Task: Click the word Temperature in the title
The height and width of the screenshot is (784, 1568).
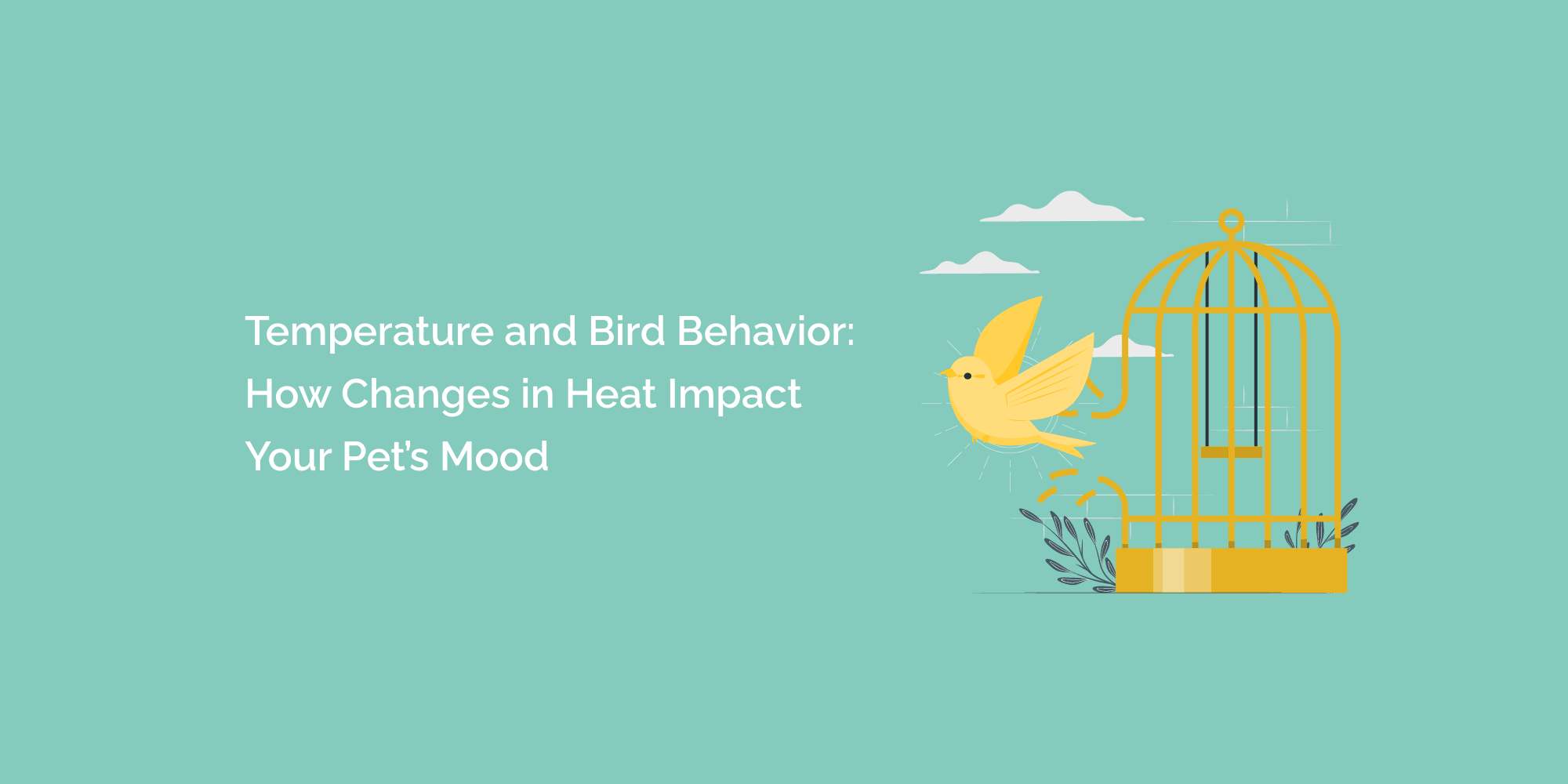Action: click(x=369, y=332)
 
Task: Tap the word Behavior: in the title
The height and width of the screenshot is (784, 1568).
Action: click(x=765, y=331)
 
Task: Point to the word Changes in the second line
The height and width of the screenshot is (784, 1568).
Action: click(x=426, y=395)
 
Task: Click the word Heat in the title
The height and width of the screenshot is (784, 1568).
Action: click(x=611, y=394)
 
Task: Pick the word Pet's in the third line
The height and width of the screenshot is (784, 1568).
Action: click(x=385, y=457)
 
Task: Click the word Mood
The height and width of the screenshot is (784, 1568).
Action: click(x=494, y=457)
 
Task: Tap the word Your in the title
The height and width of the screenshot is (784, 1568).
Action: click(x=288, y=457)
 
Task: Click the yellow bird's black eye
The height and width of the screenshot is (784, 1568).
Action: click(x=967, y=376)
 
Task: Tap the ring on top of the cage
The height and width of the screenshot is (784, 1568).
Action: click(x=1232, y=221)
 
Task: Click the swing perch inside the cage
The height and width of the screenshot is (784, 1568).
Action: click(x=1231, y=452)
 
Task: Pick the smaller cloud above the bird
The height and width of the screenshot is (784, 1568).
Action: click(x=980, y=264)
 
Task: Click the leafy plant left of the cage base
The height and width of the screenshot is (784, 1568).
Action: click(x=1074, y=549)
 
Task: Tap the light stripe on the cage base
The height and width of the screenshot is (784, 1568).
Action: click(x=1173, y=570)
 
